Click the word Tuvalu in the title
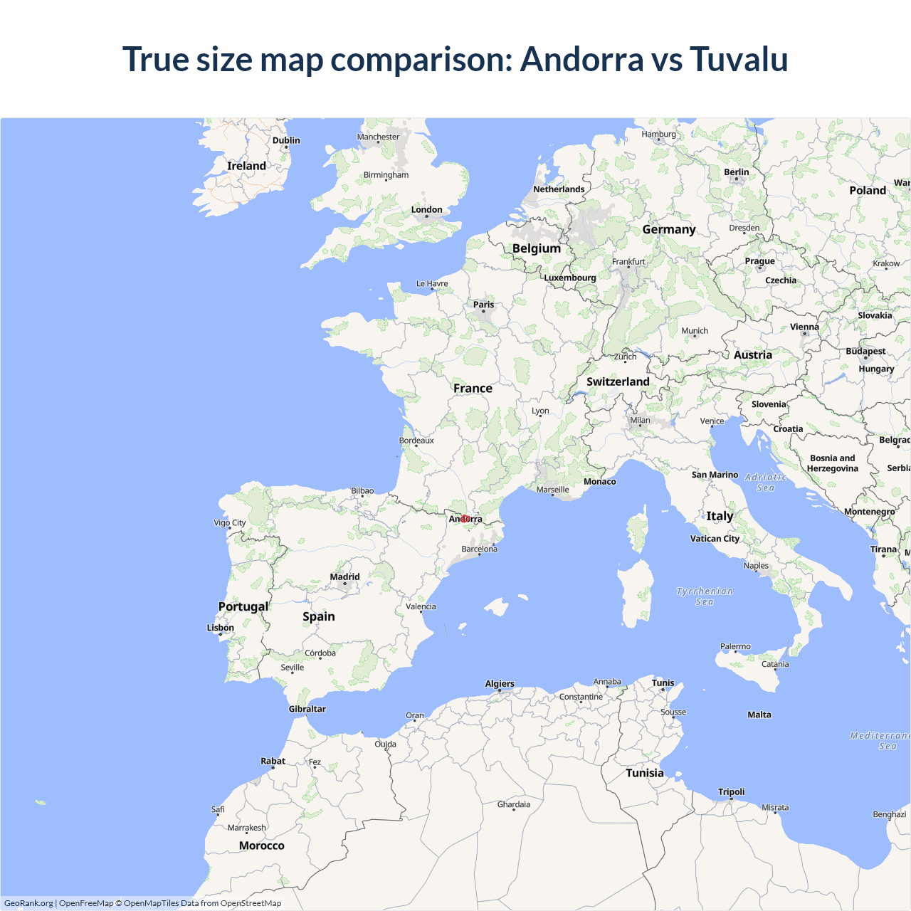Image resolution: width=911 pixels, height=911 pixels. (739, 59)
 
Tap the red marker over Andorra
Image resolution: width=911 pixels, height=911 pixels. (465, 519)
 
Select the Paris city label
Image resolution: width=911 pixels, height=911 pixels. (483, 305)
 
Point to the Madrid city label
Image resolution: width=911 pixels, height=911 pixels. (344, 577)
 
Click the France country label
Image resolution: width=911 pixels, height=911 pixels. (473, 389)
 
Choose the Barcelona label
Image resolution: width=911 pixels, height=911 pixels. (479, 549)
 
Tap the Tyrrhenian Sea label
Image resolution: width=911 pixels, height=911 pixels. (704, 596)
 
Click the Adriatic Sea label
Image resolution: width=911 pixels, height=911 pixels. (766, 483)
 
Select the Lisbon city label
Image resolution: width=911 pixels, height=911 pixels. (220, 628)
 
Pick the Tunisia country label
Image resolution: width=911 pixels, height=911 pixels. (644, 773)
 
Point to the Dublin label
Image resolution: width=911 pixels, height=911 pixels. (286, 140)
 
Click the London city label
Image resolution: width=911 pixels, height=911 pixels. (426, 209)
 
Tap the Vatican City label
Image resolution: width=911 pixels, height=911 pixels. (715, 539)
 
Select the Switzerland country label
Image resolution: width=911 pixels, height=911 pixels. (618, 381)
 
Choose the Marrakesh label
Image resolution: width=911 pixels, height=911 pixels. (246, 828)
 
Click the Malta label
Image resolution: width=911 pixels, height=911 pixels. (759, 715)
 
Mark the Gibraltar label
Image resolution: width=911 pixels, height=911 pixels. (307, 709)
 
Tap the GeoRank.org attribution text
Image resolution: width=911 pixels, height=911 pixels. (28, 903)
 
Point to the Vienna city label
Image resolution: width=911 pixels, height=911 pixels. (804, 327)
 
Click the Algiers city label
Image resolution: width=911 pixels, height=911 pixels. (500, 684)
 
